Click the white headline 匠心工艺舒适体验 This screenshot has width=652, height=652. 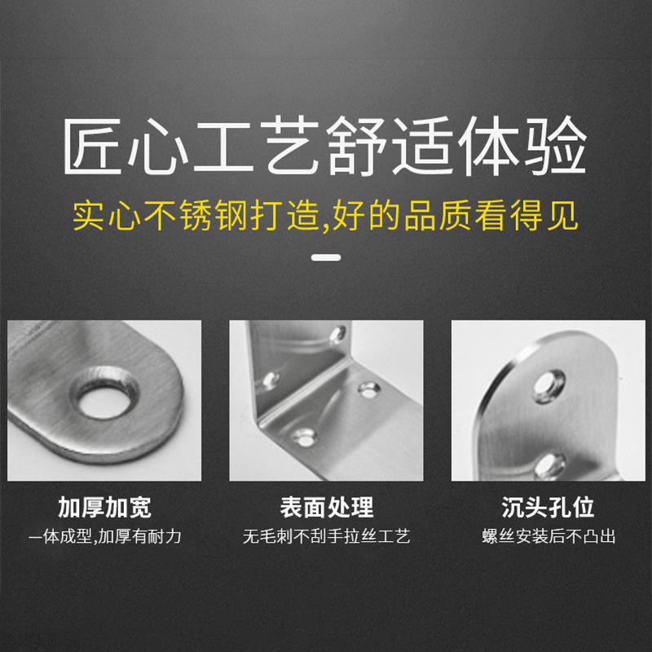[324, 146]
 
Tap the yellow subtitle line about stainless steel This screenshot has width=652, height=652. [325, 215]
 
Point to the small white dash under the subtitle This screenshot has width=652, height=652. [326, 258]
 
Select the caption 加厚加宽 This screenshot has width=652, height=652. [104, 507]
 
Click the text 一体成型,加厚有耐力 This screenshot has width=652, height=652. [105, 537]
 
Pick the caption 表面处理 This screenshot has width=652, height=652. [327, 507]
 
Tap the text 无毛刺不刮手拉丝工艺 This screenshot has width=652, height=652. [327, 537]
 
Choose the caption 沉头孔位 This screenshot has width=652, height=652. [548, 507]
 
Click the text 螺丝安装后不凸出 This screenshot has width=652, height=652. [548, 537]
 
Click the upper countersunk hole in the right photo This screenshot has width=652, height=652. [548, 386]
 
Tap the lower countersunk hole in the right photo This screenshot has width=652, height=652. [549, 465]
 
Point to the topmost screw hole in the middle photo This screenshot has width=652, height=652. [338, 335]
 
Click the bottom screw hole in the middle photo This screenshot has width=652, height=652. [304, 438]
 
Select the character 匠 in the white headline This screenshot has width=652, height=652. [92, 146]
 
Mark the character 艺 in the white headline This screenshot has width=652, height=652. [291, 146]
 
